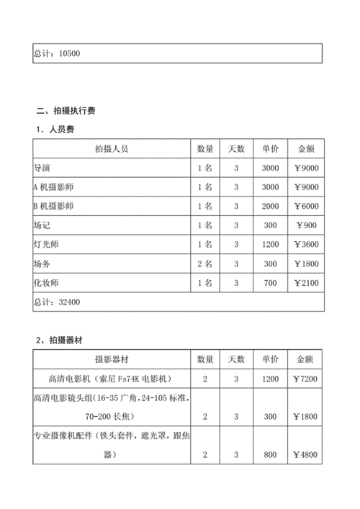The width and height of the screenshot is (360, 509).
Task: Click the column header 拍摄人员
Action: tap(111, 149)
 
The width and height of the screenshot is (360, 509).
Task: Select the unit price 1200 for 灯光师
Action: tap(271, 245)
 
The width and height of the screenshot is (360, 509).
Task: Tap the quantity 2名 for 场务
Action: tap(205, 264)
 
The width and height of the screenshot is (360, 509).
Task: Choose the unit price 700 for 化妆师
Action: tap(271, 284)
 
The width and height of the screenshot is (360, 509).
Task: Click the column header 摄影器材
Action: tap(111, 359)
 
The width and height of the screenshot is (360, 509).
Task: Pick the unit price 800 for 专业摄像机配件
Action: tap(271, 455)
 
